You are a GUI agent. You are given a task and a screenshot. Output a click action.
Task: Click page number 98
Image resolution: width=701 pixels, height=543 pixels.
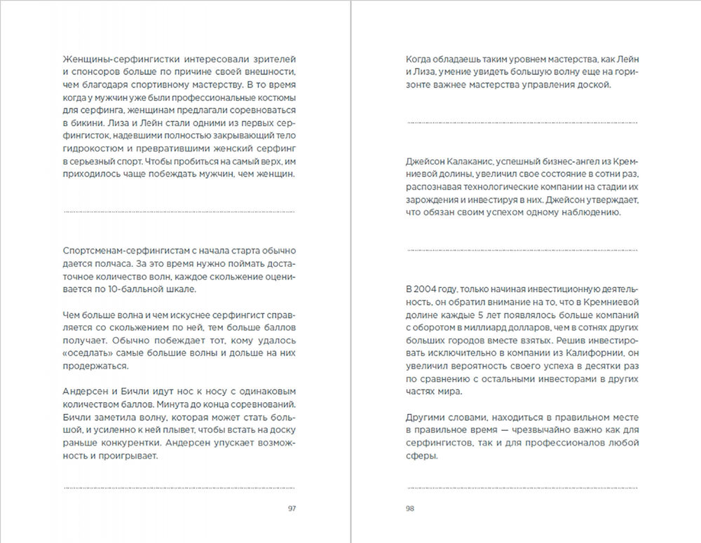(410, 509)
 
